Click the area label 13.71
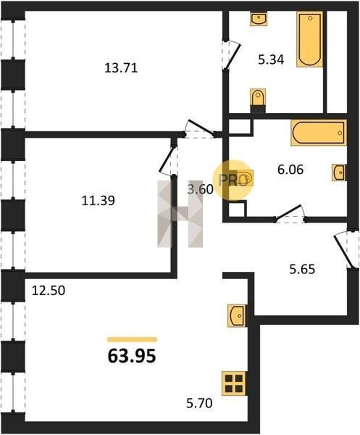[121, 68]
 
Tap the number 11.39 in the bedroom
[98, 201]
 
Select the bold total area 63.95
[132, 356]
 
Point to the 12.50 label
[49, 291]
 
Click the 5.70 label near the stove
[199, 403]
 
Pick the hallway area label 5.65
[302, 269]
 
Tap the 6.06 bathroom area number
[290, 170]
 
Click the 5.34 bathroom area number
[271, 59]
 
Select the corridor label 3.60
[201, 190]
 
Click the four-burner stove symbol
[234, 383]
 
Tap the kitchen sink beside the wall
[236, 315]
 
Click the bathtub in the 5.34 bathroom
[309, 39]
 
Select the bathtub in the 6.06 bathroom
[319, 133]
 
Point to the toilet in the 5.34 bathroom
[258, 100]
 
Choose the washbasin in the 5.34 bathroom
[259, 19]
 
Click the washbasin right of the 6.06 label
[339, 173]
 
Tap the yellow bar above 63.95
[133, 339]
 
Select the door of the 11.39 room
[169, 159]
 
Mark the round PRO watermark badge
[233, 180]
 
